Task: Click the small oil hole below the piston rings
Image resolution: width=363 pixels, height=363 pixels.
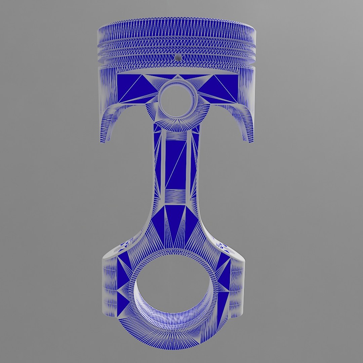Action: point(178,58)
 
